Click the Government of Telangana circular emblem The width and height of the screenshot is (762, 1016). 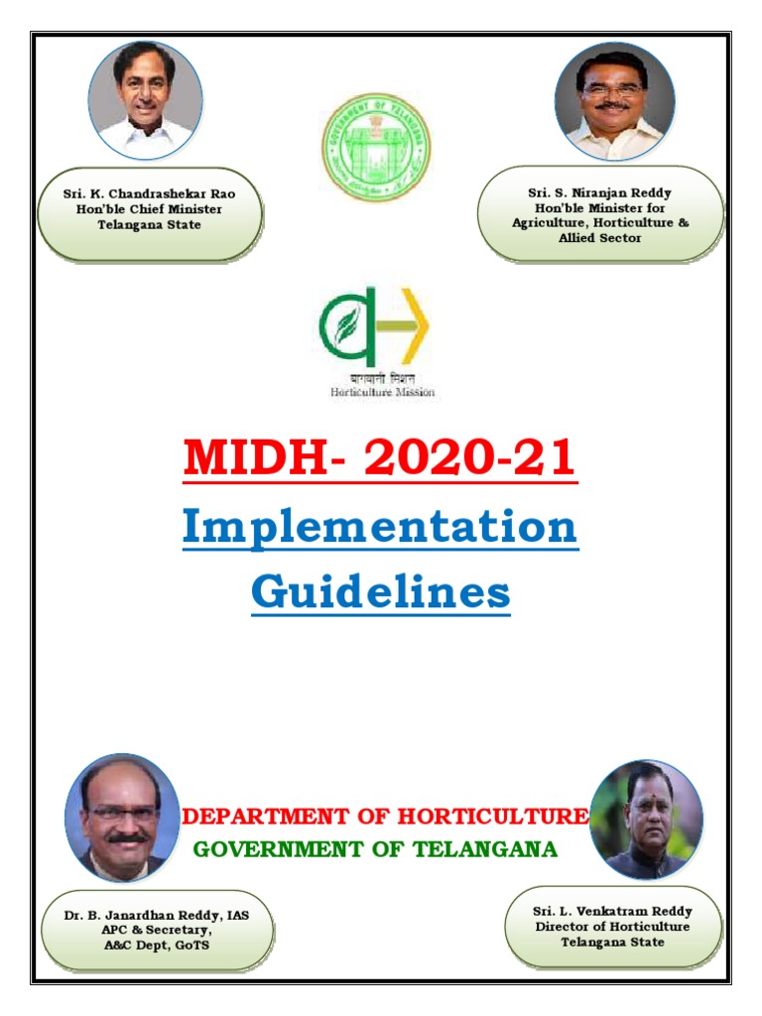point(377,147)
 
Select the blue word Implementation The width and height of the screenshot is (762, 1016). point(380,528)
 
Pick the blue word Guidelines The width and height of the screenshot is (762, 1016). point(380,593)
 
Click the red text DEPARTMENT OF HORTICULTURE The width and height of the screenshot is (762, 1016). point(386,817)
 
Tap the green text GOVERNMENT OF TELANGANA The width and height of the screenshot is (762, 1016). point(375,849)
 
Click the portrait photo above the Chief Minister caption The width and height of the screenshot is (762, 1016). point(145,99)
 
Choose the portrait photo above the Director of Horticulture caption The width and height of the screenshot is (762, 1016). point(646,820)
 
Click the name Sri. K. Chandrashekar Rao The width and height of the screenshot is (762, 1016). point(150,194)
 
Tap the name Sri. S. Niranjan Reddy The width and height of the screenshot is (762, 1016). point(599,192)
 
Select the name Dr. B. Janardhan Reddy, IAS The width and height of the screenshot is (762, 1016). point(157,916)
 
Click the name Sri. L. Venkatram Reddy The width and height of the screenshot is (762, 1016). point(612,911)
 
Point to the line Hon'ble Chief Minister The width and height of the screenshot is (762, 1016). point(150,209)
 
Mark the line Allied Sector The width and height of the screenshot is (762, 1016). point(599,238)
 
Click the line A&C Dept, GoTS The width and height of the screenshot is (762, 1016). point(157,946)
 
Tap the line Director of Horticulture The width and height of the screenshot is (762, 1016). point(612,927)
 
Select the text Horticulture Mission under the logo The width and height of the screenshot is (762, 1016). point(382,392)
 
